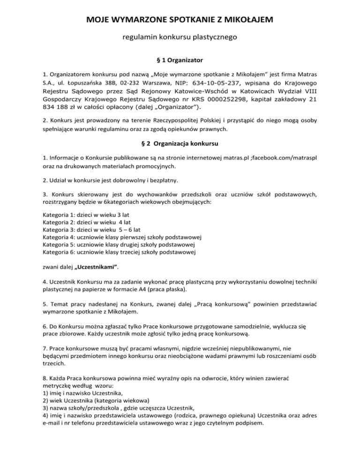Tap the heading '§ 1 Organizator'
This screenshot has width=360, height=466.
[x=180, y=60]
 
